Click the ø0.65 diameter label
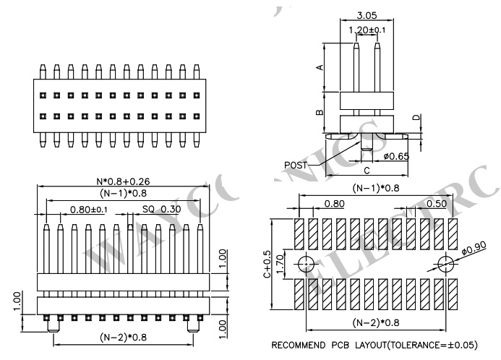[395, 155]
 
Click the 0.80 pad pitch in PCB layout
[333, 204]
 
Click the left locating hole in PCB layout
[304, 262]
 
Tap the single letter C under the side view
[367, 171]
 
